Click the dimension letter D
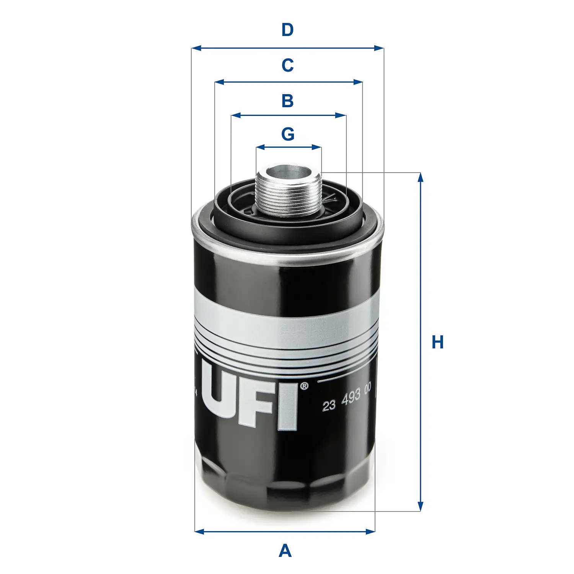(x=287, y=30)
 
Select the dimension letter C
(x=287, y=65)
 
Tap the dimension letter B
(x=287, y=101)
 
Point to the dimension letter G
(x=288, y=134)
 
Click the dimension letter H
(x=437, y=342)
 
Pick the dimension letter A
(x=285, y=551)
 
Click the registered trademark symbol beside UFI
(x=304, y=386)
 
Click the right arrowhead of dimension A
(x=370, y=531)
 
